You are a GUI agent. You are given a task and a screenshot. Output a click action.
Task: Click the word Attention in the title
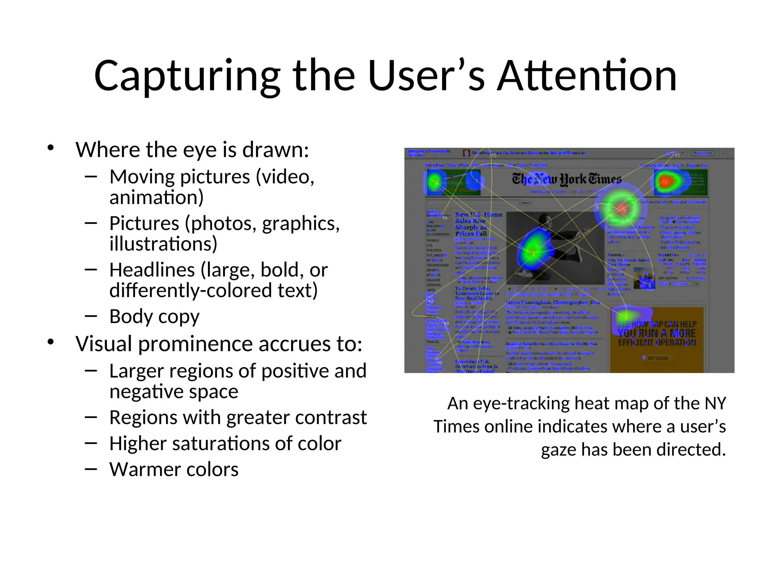pyautogui.click(x=587, y=76)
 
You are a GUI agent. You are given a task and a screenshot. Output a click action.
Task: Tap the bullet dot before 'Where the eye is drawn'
pyautogui.click(x=51, y=148)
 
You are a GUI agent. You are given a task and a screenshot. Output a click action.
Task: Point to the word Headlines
pyautogui.click(x=152, y=270)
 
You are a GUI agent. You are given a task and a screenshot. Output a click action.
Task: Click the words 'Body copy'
pyautogui.click(x=154, y=317)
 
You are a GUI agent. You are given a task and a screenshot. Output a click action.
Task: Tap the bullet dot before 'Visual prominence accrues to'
pyautogui.click(x=51, y=342)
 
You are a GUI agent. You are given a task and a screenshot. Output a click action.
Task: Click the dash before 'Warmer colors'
pyautogui.click(x=91, y=469)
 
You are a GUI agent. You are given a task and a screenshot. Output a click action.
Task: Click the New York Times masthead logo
pyautogui.click(x=566, y=179)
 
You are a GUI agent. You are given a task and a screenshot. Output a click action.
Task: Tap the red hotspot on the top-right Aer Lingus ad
pyautogui.click(x=665, y=182)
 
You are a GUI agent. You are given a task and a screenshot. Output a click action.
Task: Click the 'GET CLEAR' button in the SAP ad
pyautogui.click(x=657, y=358)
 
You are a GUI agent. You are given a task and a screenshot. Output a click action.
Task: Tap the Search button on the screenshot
pyautogui.click(x=526, y=203)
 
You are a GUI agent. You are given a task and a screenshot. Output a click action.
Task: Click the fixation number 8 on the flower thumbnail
pyautogui.click(x=650, y=286)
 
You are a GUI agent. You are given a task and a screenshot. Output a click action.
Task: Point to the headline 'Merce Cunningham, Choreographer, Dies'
pyautogui.click(x=553, y=302)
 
